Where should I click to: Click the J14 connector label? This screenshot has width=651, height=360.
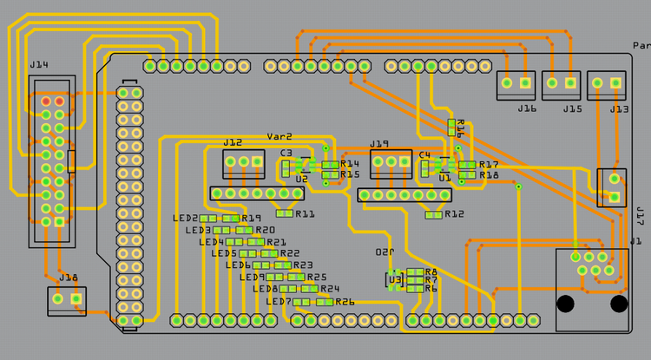point(39,64)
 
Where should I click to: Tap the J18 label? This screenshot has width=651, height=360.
point(69,278)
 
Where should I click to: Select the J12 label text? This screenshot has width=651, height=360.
point(233,142)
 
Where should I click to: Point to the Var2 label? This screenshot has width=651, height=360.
point(279,136)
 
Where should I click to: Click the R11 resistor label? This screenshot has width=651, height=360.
point(306,213)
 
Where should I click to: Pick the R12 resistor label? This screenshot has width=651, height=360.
point(454,214)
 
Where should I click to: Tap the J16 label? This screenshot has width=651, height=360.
point(527,108)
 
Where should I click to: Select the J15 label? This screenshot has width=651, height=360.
point(572,108)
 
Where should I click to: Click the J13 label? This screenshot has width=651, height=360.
point(619,108)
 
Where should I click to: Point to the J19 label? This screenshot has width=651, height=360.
point(379,143)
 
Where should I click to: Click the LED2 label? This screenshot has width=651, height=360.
point(186,219)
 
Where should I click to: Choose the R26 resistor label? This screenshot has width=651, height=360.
point(345,302)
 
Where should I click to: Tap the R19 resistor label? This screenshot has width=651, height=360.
point(252,219)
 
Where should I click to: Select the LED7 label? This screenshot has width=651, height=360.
point(279,302)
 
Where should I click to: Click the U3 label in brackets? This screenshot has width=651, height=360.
point(396,279)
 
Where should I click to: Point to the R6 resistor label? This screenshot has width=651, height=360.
point(431,288)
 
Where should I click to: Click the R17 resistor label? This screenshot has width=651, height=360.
point(489,164)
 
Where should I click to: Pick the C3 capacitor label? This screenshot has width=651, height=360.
point(286,153)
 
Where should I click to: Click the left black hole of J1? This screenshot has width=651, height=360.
point(565,304)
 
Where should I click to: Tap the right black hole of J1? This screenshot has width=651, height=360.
point(619,304)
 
